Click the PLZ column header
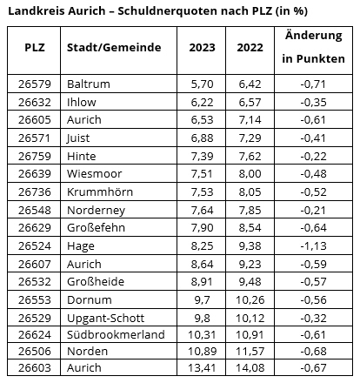[35, 47]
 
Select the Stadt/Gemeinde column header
[114, 47]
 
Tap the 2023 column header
[202, 48]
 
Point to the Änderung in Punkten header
[313, 47]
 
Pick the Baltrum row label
[89, 84]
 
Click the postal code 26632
[35, 102]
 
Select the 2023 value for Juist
[202, 138]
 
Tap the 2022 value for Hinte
[250, 156]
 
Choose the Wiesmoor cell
[94, 173]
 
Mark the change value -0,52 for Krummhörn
[313, 191]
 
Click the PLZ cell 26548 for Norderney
[35, 210]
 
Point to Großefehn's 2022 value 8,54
[250, 227]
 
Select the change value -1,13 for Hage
[313, 245]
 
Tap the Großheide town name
[96, 281]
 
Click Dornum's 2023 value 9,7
[202, 299]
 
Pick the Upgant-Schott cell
[105, 318]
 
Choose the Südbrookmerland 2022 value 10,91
[250, 334]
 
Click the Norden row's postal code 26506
[35, 351]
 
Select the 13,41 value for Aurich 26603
[202, 367]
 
